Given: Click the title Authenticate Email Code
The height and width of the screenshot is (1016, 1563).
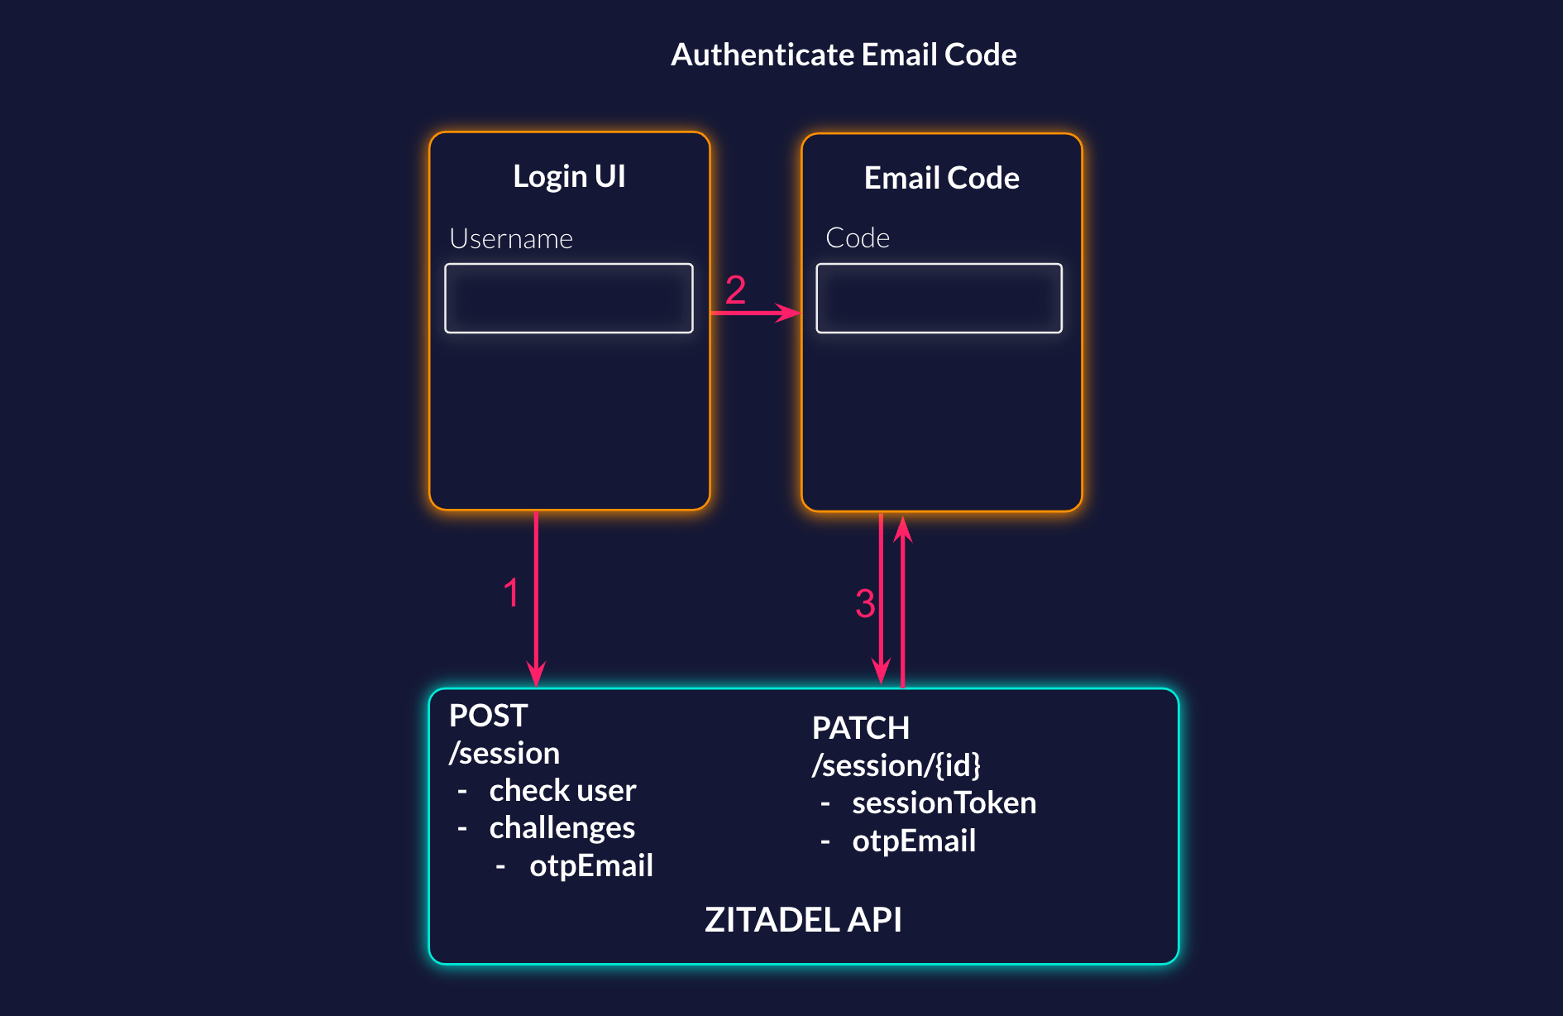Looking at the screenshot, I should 844,55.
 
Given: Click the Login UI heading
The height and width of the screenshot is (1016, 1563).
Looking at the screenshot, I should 569,176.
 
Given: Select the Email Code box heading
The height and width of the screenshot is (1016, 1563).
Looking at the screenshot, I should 941,178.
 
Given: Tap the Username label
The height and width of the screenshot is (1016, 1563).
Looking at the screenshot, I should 510,239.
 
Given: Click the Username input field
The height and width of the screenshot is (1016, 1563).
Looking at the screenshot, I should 569,299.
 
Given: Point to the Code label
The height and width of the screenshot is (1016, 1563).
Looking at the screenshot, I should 857,238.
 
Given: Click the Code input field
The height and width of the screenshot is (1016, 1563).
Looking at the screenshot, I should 939,299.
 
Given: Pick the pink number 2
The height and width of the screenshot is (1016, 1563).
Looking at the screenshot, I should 735,290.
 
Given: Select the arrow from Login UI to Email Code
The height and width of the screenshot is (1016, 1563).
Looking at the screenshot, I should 754,313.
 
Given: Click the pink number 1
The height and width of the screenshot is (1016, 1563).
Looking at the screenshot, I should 511,593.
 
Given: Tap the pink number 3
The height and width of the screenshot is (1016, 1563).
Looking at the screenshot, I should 865,603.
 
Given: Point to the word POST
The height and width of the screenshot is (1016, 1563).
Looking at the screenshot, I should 488,716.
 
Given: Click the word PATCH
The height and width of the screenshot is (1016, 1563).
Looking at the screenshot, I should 860,728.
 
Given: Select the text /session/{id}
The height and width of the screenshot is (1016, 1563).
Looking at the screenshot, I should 896,765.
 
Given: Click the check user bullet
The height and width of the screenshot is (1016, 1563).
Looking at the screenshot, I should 562,790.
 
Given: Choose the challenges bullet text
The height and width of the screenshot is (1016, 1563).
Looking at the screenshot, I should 562,828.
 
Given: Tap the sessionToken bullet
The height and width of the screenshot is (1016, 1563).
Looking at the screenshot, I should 944,803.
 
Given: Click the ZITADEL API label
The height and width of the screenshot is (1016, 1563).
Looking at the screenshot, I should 803,920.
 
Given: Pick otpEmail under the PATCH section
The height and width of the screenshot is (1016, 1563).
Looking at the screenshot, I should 914,841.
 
